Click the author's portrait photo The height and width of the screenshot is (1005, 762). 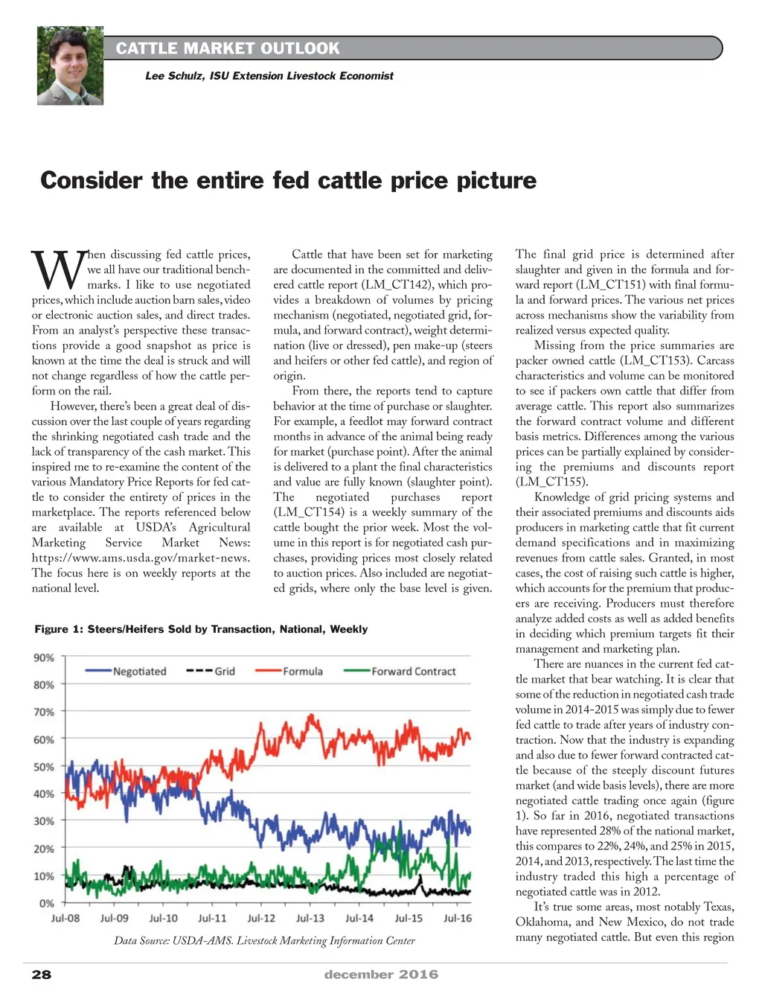(x=70, y=66)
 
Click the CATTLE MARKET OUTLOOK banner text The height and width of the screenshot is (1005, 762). (x=228, y=48)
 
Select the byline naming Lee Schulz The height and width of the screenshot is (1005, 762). (x=269, y=76)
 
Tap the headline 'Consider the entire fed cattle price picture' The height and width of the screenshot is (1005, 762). (x=288, y=180)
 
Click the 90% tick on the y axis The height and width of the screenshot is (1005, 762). (x=44, y=658)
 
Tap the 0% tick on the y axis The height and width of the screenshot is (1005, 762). (x=47, y=903)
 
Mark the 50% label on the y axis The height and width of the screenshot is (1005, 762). (x=44, y=767)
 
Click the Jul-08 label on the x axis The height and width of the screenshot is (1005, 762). (x=65, y=919)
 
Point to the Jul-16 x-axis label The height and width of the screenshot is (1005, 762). (x=458, y=919)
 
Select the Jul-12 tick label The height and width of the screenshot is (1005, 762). (x=261, y=919)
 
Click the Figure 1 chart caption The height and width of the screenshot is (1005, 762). (x=201, y=629)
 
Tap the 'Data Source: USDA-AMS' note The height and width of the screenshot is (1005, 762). (x=264, y=941)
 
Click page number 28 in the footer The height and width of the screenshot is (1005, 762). (x=42, y=974)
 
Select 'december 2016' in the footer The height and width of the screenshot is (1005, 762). (x=381, y=974)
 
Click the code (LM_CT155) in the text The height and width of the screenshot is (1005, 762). (x=551, y=482)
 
